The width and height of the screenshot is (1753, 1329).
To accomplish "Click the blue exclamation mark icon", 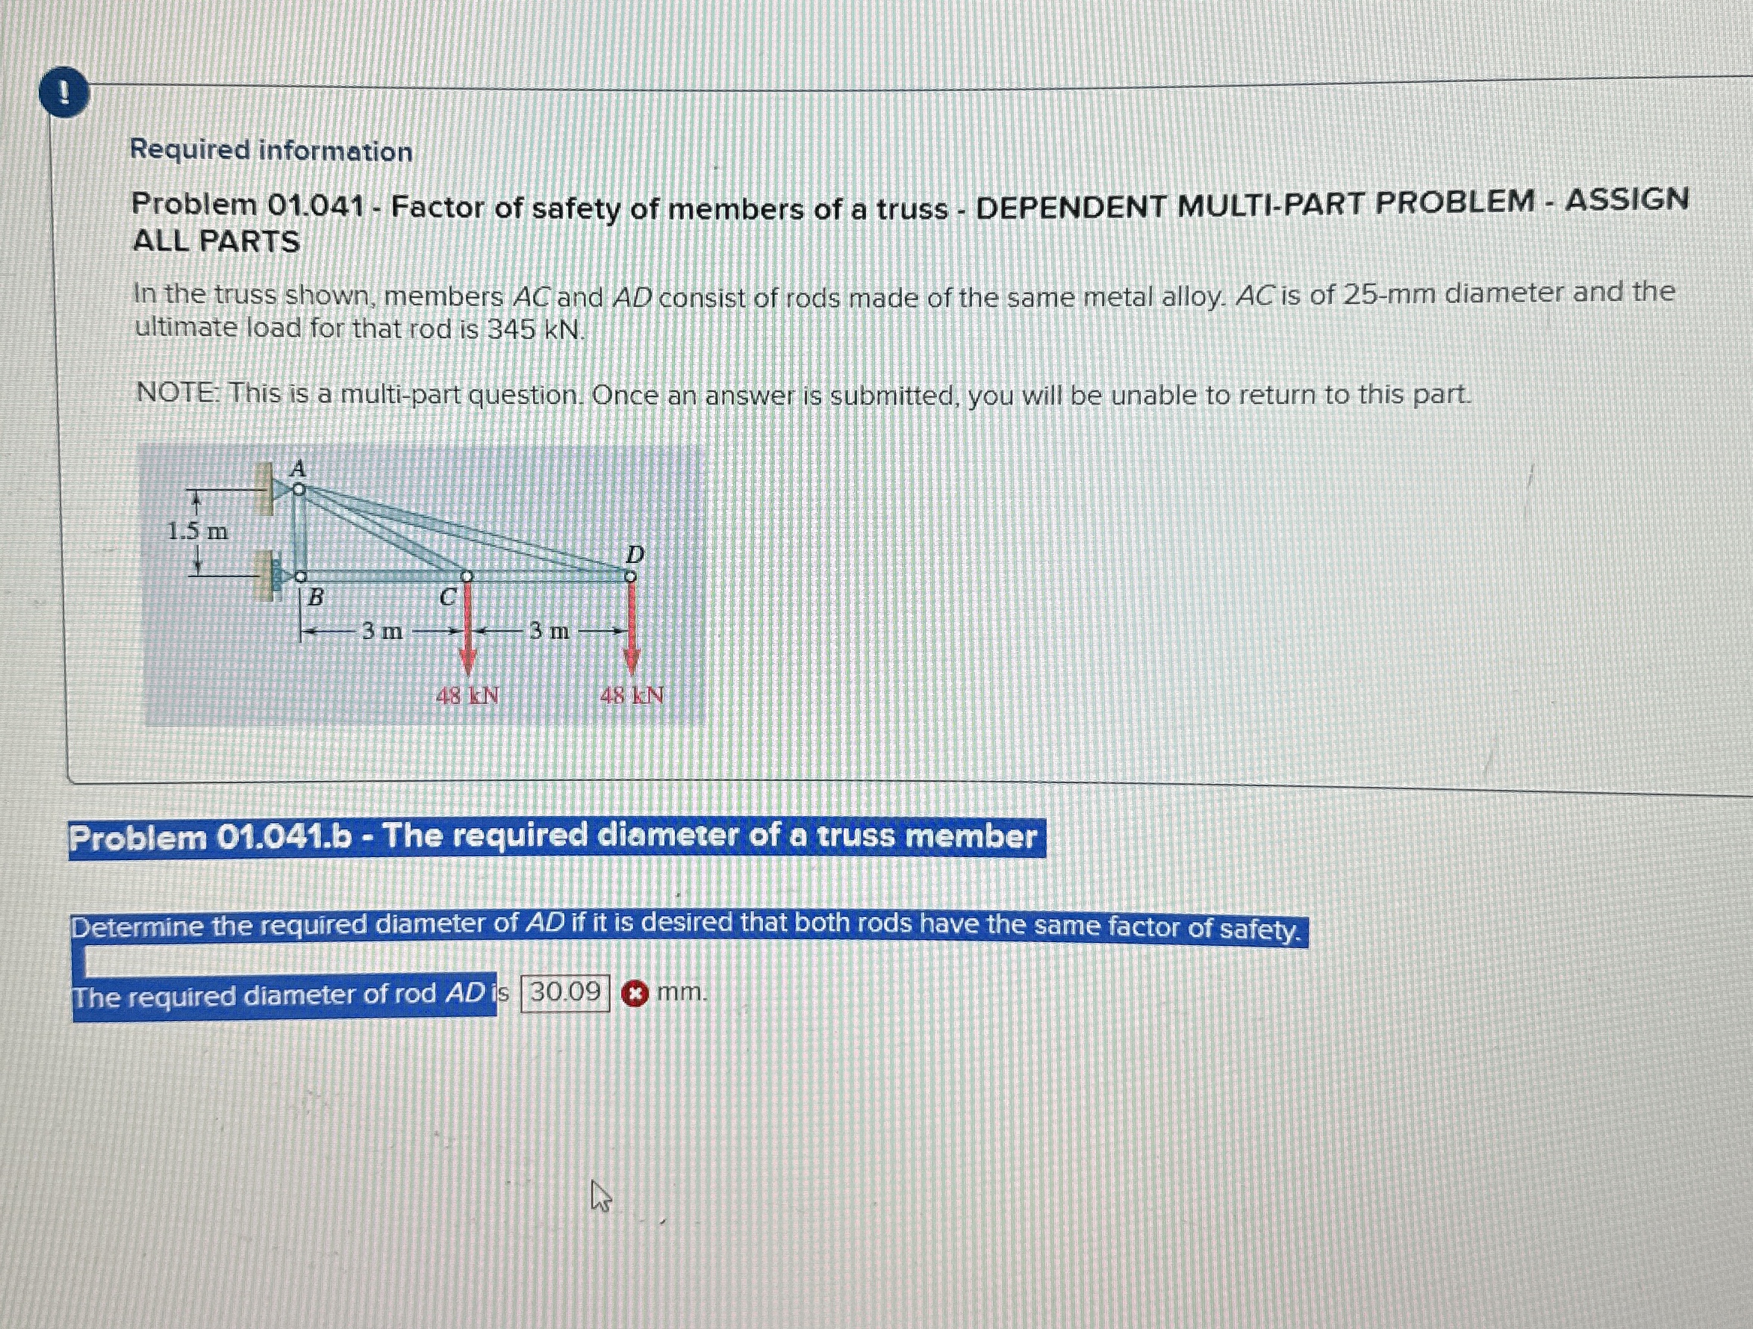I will coord(63,96).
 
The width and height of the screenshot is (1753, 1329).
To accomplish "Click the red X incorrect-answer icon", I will coord(634,993).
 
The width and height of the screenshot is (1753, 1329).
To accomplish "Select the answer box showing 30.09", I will coord(565,992).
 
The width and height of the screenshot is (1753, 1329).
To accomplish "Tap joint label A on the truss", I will coord(297,468).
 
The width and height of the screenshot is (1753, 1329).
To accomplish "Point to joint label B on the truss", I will coord(315,597).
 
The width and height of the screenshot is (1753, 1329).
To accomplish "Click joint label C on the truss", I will coord(447,597).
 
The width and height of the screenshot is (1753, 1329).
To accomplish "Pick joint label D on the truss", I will coord(635,554).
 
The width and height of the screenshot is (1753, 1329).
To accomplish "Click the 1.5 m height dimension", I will coord(197,531).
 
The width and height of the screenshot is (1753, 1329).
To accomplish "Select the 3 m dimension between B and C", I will coord(382,632).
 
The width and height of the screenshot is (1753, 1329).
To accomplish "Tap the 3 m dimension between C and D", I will coord(549,632).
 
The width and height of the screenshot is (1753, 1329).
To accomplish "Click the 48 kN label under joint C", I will coord(467,697).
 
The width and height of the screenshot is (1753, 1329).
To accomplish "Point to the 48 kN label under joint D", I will coord(632,697).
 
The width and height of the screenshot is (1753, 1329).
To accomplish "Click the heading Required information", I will coord(271,150).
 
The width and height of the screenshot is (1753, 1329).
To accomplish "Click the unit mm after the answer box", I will coord(682,992).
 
